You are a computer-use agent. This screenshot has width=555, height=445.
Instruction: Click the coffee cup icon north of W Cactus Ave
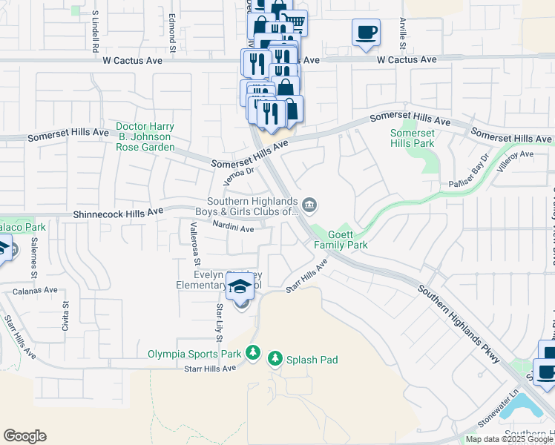(x=366, y=33)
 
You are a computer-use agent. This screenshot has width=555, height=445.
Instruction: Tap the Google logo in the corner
(x=24, y=436)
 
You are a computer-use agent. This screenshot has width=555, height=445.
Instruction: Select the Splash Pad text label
(x=313, y=360)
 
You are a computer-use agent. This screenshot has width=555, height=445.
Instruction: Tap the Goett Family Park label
(x=341, y=239)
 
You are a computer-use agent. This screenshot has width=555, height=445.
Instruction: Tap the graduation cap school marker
(x=241, y=287)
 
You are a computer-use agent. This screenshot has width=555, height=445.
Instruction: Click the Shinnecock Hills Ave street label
(x=118, y=213)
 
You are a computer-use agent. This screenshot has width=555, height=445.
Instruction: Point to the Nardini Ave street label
(x=233, y=229)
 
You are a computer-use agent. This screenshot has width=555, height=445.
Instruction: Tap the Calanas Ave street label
(x=35, y=291)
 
